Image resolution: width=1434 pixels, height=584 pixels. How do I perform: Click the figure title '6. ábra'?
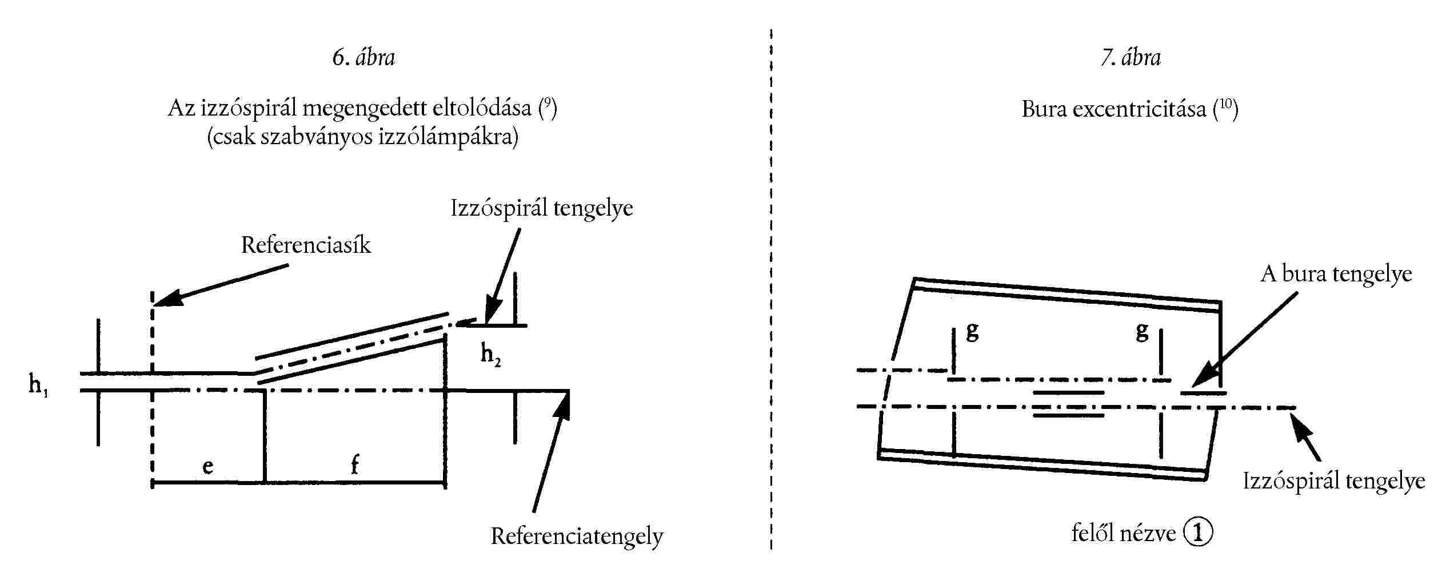click(364, 58)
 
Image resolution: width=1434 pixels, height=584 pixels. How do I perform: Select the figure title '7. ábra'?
click(1131, 58)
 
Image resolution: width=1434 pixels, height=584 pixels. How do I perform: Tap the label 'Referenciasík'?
click(306, 245)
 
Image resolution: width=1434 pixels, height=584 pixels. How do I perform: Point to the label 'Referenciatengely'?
click(577, 537)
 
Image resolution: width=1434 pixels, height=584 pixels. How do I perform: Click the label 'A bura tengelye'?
click(1336, 275)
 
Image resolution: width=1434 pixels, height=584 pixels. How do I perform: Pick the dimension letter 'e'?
click(208, 466)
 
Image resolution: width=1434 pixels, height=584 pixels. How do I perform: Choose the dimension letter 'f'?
click(354, 464)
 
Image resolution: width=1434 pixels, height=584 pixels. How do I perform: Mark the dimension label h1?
click(38, 385)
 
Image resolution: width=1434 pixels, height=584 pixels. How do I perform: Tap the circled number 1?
click(1198, 533)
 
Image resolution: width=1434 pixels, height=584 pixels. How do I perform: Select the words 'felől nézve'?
click(1123, 534)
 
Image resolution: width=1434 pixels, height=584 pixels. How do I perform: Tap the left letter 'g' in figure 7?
click(972, 331)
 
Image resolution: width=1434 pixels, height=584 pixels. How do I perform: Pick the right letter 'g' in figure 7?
click(1141, 331)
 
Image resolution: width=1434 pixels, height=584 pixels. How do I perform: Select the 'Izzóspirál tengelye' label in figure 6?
click(541, 208)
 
